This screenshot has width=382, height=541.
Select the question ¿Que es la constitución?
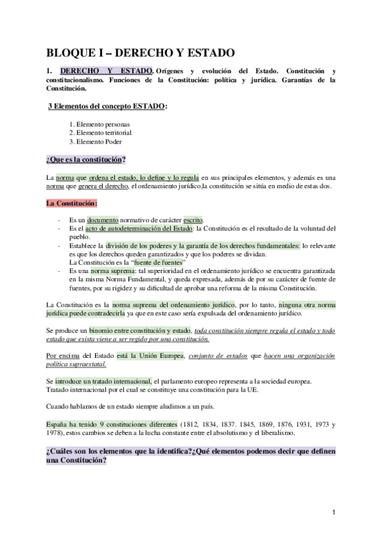(x=85, y=159)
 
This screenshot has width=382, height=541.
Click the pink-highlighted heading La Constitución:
(x=71, y=203)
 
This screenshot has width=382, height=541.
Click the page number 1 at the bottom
(x=334, y=512)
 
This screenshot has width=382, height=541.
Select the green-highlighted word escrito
(x=193, y=219)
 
